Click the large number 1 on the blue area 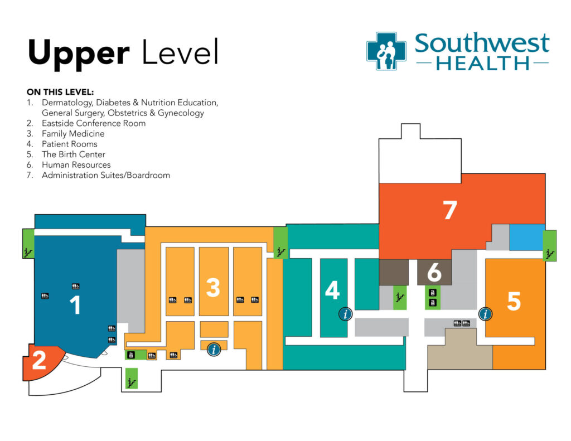pos(74,305)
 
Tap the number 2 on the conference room pos(38,361)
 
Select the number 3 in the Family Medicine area pos(213,288)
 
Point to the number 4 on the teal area pos(332,290)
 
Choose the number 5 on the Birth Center pos(514,302)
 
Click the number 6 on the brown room pos(434,273)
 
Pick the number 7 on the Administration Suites pos(449,210)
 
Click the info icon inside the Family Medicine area pos(214,350)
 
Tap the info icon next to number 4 pos(346,314)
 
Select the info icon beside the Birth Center pos(486,314)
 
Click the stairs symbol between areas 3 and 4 pos(280,250)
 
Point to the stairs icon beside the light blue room pos(550,253)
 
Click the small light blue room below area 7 pos(527,236)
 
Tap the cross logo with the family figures pos(386,51)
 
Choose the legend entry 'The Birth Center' pos(73,154)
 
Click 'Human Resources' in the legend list pos(76,165)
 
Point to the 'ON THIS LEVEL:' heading pos(61,92)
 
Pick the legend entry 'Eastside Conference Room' pos(93,123)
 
